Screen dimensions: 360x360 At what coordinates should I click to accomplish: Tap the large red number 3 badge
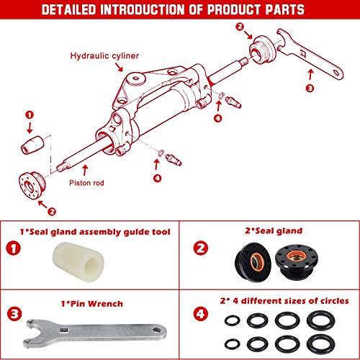[x=14, y=313]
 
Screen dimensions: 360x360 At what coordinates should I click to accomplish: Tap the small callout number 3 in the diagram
[x=310, y=89]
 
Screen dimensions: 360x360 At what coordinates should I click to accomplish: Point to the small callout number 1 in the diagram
[x=30, y=114]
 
